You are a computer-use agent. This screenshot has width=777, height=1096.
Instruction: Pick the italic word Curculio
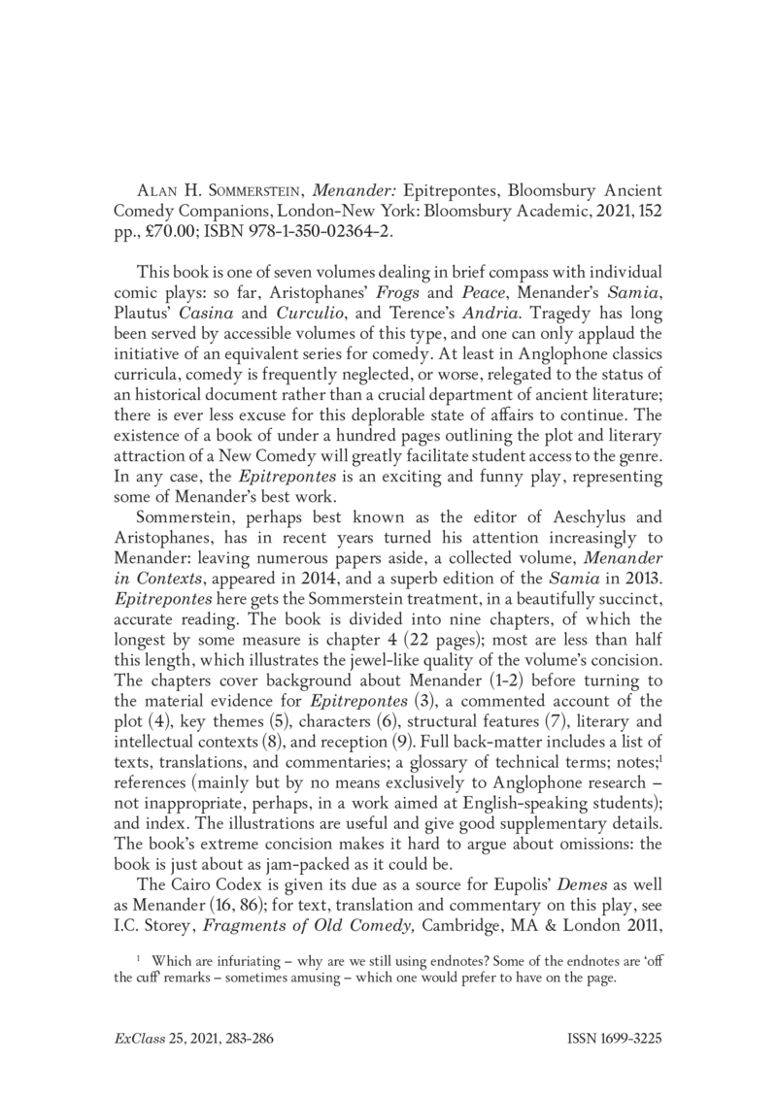click(x=287, y=304)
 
